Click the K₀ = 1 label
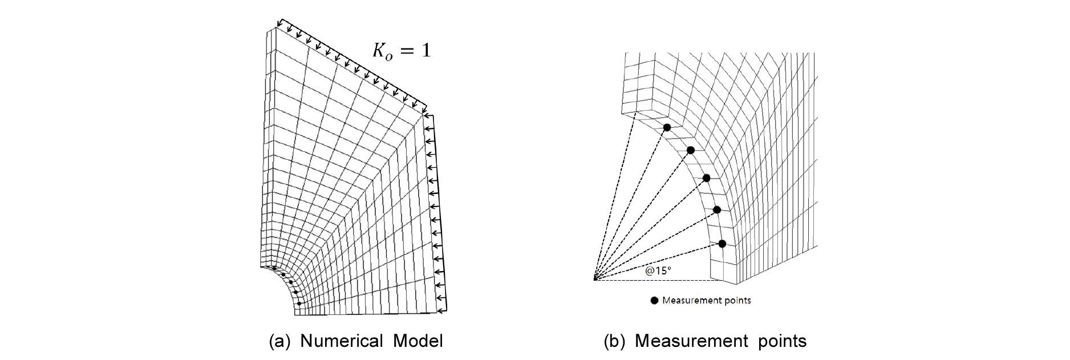tap(402, 51)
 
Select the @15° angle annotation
tap(658, 270)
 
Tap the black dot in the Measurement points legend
tap(654, 301)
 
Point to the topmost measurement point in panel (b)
tap(667, 127)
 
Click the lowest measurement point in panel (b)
tap(722, 244)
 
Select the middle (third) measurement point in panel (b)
tap(707, 178)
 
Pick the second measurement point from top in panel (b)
tap(690, 150)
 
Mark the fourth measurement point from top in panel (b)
tap(717, 210)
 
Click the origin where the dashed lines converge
tap(594, 280)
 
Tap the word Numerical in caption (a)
tap(341, 341)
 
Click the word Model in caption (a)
tap(418, 341)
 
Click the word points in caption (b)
tap(782, 341)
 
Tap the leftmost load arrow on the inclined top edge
tap(280, 23)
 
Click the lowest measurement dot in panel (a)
tap(299, 303)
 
